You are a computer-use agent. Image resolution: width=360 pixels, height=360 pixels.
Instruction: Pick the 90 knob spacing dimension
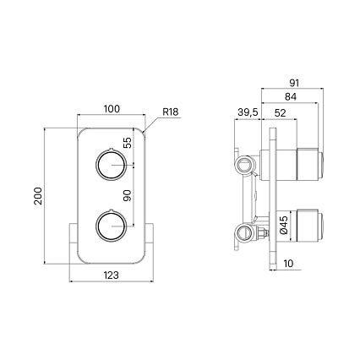point(128,194)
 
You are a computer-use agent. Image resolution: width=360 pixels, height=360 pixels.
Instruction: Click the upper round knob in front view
point(109,163)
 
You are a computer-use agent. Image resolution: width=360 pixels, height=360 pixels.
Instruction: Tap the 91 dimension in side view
point(292,82)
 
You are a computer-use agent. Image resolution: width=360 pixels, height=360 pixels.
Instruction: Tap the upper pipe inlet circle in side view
point(245,162)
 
